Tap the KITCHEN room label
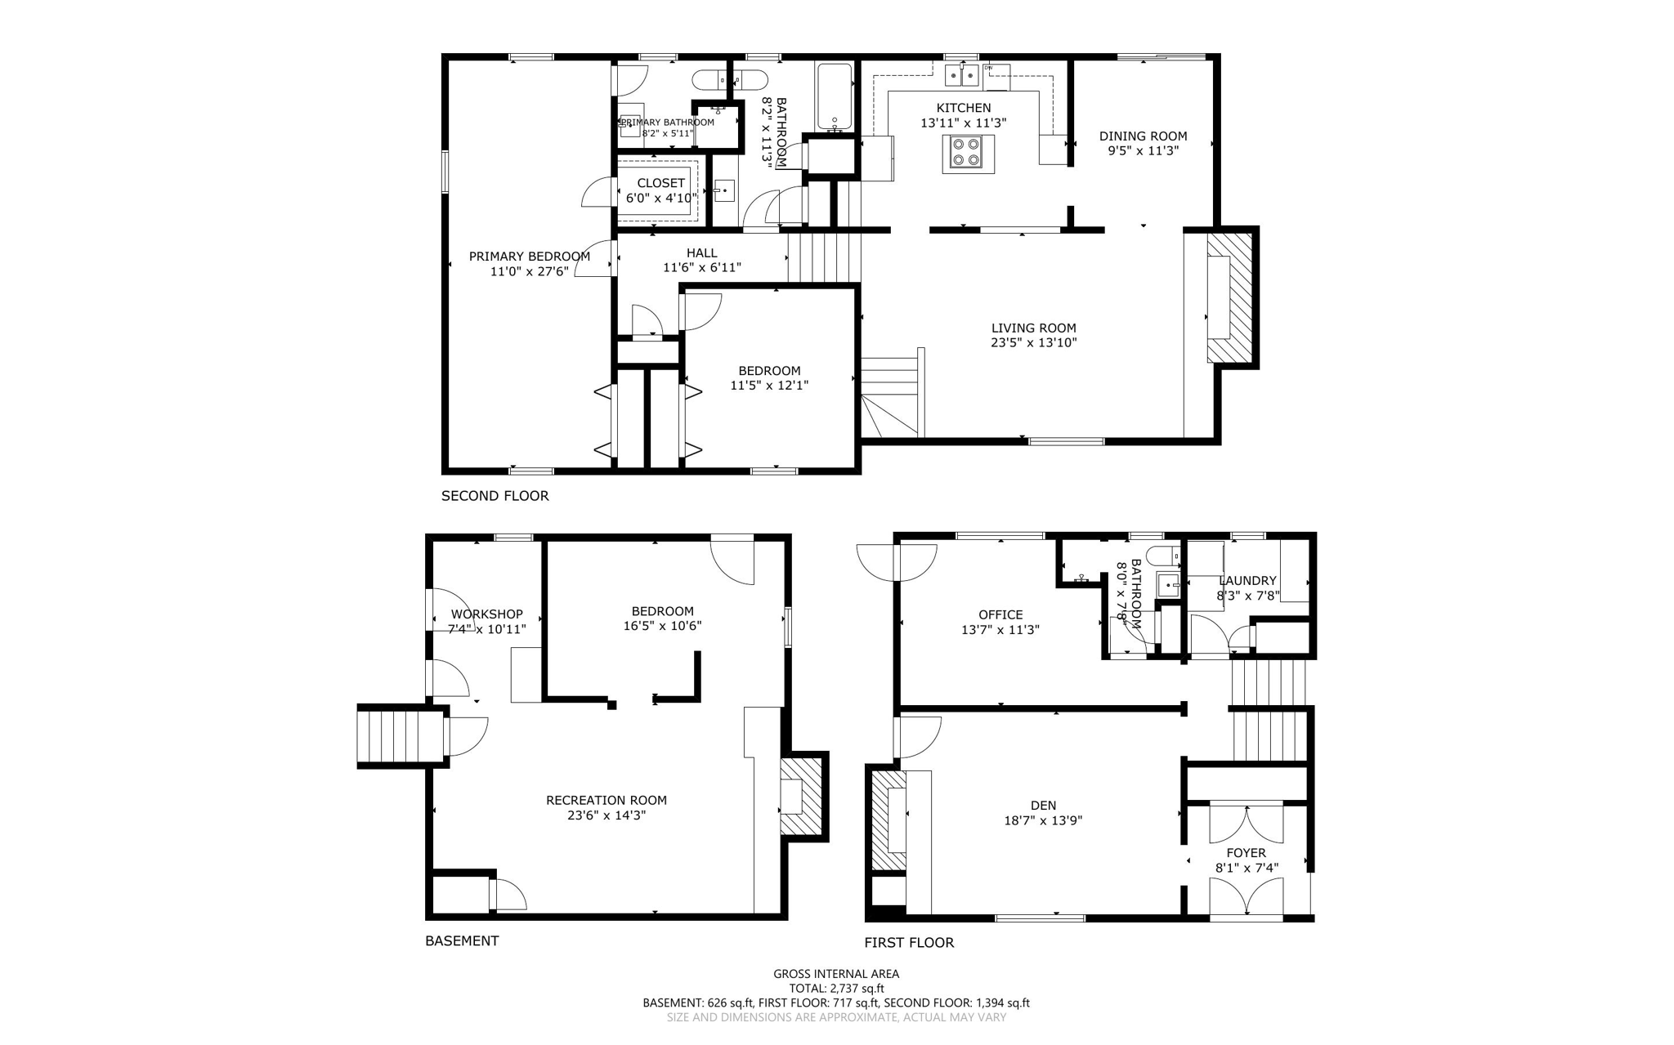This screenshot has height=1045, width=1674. click(963, 108)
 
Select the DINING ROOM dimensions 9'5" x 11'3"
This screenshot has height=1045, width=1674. click(1143, 151)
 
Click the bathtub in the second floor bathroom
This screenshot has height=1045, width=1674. click(835, 96)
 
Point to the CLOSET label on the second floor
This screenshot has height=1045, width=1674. click(660, 183)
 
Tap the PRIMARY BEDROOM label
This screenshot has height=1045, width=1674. click(529, 257)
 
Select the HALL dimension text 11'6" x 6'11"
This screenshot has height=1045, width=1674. click(701, 267)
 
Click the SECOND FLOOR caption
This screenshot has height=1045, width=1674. click(495, 496)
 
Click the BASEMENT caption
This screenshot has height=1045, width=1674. click(461, 941)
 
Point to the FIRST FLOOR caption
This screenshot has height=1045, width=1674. click(909, 943)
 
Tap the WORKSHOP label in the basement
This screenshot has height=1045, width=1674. click(486, 614)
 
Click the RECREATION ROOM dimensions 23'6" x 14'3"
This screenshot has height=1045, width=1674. click(606, 815)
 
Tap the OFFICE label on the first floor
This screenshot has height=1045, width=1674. click(1000, 615)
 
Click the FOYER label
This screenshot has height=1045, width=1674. click(1246, 853)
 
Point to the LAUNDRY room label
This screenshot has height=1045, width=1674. click(1247, 581)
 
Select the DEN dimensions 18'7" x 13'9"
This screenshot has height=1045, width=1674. click(1043, 820)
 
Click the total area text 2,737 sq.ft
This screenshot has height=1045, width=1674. click(836, 989)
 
